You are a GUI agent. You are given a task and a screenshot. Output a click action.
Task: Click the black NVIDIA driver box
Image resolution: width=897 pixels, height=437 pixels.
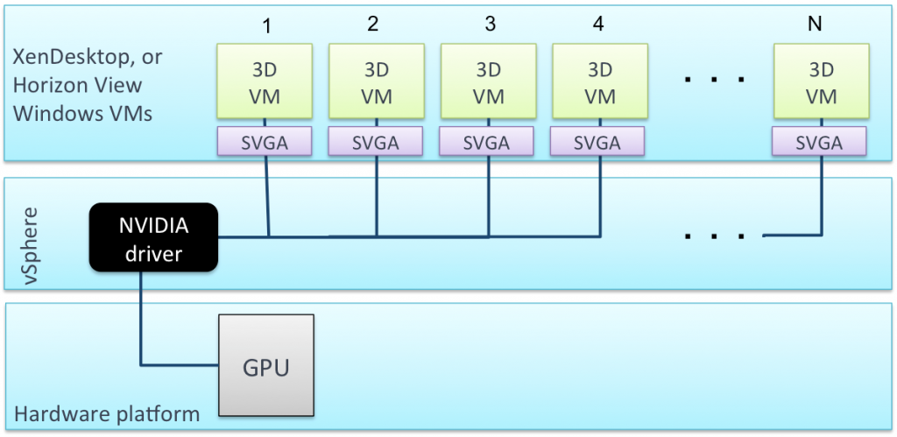(x=152, y=236)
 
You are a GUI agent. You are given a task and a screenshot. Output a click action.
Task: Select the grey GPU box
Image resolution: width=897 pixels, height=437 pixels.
(x=266, y=365)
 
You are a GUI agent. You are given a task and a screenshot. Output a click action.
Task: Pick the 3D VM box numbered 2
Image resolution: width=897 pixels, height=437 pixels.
(x=376, y=83)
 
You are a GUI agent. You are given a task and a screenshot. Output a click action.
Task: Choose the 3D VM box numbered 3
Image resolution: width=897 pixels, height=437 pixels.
(x=488, y=83)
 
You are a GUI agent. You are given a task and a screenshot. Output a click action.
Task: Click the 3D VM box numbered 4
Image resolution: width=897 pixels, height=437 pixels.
(x=600, y=83)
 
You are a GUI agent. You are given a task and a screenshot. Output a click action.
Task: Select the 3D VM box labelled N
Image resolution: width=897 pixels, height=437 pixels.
(x=821, y=83)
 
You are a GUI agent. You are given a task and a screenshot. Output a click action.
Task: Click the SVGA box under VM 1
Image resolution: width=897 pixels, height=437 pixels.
(x=264, y=142)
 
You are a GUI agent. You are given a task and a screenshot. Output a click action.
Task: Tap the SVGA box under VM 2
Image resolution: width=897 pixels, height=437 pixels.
(x=376, y=142)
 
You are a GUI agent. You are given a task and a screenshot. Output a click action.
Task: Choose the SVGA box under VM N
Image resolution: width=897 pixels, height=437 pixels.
(x=821, y=142)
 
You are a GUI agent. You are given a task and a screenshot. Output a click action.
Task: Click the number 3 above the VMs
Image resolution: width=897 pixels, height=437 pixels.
(x=490, y=25)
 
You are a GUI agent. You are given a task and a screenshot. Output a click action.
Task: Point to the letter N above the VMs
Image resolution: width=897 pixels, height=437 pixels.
(x=815, y=25)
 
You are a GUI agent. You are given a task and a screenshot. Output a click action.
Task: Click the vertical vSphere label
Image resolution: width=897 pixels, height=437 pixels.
(x=30, y=244)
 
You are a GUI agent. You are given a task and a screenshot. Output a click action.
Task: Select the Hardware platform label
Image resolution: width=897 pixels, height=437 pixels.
(x=106, y=412)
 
